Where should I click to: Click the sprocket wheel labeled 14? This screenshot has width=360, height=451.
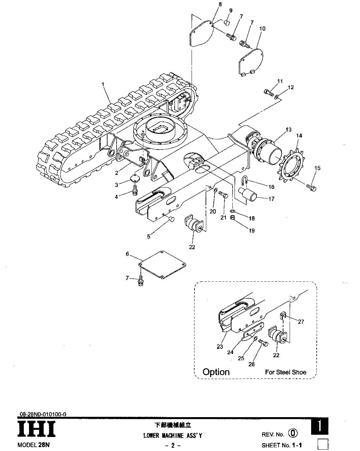(x=292, y=166)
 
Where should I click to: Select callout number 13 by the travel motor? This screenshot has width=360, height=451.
(x=289, y=130)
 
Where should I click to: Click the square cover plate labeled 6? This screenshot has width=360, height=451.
(x=162, y=264)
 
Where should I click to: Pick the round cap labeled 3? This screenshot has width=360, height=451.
(x=135, y=178)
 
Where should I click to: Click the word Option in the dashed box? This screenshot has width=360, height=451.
(x=216, y=371)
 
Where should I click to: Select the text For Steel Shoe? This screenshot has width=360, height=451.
(x=286, y=372)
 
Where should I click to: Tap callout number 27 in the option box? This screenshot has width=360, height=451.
(x=301, y=321)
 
